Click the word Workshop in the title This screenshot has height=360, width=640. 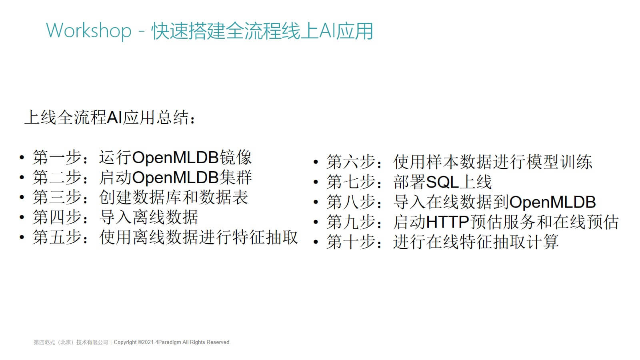(88, 30)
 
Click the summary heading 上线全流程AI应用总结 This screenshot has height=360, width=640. (107, 118)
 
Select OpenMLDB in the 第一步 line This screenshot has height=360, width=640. (176, 158)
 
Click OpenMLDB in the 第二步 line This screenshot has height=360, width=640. (176, 178)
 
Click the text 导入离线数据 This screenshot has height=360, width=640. (148, 218)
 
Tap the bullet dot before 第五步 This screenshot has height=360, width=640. (22, 237)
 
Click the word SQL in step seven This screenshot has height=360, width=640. (442, 182)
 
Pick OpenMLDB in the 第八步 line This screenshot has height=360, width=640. (552, 202)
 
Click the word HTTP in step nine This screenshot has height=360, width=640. (448, 222)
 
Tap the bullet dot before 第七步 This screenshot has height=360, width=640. (316, 182)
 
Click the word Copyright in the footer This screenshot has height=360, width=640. (125, 342)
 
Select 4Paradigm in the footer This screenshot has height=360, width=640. (168, 342)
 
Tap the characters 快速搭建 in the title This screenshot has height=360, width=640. (188, 30)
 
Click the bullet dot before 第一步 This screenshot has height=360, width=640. (22, 158)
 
